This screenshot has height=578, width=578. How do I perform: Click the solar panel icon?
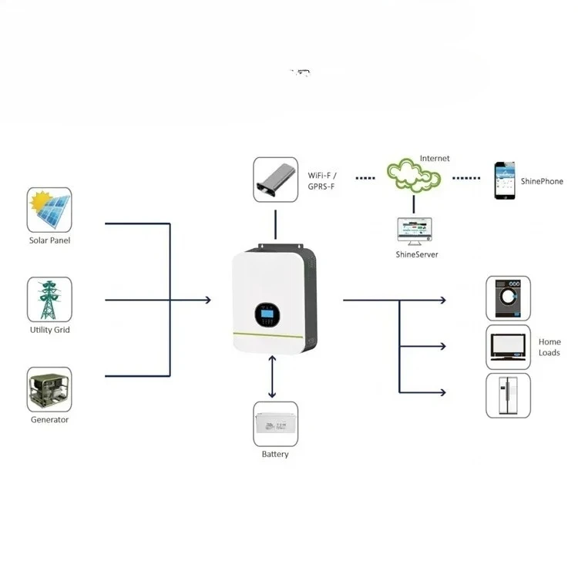tap(49, 210)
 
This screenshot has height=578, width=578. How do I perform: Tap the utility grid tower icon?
tap(49, 300)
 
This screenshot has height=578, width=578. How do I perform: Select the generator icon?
tap(49, 389)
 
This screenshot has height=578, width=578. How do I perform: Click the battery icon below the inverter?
tap(275, 424)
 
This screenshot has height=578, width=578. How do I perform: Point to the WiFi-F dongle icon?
tap(276, 180)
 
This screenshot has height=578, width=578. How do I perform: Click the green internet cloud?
tap(414, 176)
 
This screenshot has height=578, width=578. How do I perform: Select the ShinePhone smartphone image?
tap(505, 180)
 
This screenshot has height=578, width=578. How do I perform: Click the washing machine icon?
tap(508, 298)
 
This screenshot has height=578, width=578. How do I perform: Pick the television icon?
tap(508, 347)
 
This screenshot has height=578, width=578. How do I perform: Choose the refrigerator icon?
tap(508, 395)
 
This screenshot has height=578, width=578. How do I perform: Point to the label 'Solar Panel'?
tap(49, 240)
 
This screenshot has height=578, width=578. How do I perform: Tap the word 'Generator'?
tap(49, 420)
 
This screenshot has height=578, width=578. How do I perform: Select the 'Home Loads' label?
tap(549, 347)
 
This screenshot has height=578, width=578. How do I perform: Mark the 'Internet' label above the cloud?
tap(435, 159)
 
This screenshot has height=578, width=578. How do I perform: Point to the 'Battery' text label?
tap(275, 455)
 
